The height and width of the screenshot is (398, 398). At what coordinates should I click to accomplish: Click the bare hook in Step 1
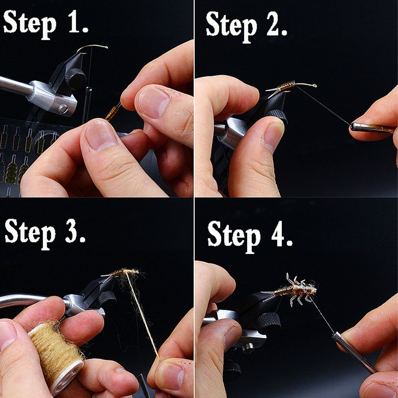(93, 48)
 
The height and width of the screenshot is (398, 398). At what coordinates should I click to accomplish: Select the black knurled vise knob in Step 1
(75, 78)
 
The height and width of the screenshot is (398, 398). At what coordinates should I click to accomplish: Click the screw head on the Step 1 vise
(63, 109)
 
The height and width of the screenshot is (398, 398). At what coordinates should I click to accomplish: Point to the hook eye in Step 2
(315, 86)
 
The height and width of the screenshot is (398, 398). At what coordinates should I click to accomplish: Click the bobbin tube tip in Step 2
(352, 126)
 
